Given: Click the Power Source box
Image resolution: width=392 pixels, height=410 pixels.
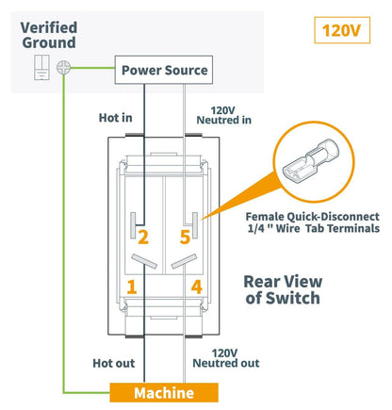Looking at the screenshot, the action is [164, 70].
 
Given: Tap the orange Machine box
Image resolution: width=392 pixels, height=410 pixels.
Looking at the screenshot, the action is [164, 392].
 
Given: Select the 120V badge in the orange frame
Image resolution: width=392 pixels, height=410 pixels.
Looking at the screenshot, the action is [342, 30].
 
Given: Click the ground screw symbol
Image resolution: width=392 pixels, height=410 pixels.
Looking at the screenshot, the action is [63, 67].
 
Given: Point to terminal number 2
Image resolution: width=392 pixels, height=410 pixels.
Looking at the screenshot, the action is [143, 238].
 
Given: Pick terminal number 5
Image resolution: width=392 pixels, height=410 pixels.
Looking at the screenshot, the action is [185, 238].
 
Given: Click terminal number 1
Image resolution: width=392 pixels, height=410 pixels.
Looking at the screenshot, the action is [132, 287].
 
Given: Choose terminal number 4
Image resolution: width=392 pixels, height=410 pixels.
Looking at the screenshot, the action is [197, 287].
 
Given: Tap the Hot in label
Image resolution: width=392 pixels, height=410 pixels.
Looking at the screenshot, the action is [115, 118].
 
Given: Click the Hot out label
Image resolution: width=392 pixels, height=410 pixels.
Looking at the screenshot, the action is [114, 363].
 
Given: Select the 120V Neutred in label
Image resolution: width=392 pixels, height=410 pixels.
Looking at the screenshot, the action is [223, 115].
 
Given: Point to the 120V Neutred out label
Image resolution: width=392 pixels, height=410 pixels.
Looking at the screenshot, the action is [226, 358].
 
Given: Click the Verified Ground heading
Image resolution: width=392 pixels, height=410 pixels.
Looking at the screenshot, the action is [49, 35].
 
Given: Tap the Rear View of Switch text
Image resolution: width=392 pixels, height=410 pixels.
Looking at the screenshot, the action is [283, 289].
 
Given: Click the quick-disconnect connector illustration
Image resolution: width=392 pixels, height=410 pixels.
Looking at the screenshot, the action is [310, 160].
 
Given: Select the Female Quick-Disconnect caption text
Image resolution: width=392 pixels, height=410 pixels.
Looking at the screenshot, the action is [313, 222].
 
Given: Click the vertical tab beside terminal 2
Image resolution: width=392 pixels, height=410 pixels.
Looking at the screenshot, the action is [133, 225].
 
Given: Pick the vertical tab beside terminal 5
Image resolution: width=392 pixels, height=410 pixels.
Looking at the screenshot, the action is [195, 225].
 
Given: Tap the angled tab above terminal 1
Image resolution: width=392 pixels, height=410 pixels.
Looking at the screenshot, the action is [144, 261].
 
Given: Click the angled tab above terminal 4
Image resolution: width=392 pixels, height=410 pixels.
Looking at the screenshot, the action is [184, 261].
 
